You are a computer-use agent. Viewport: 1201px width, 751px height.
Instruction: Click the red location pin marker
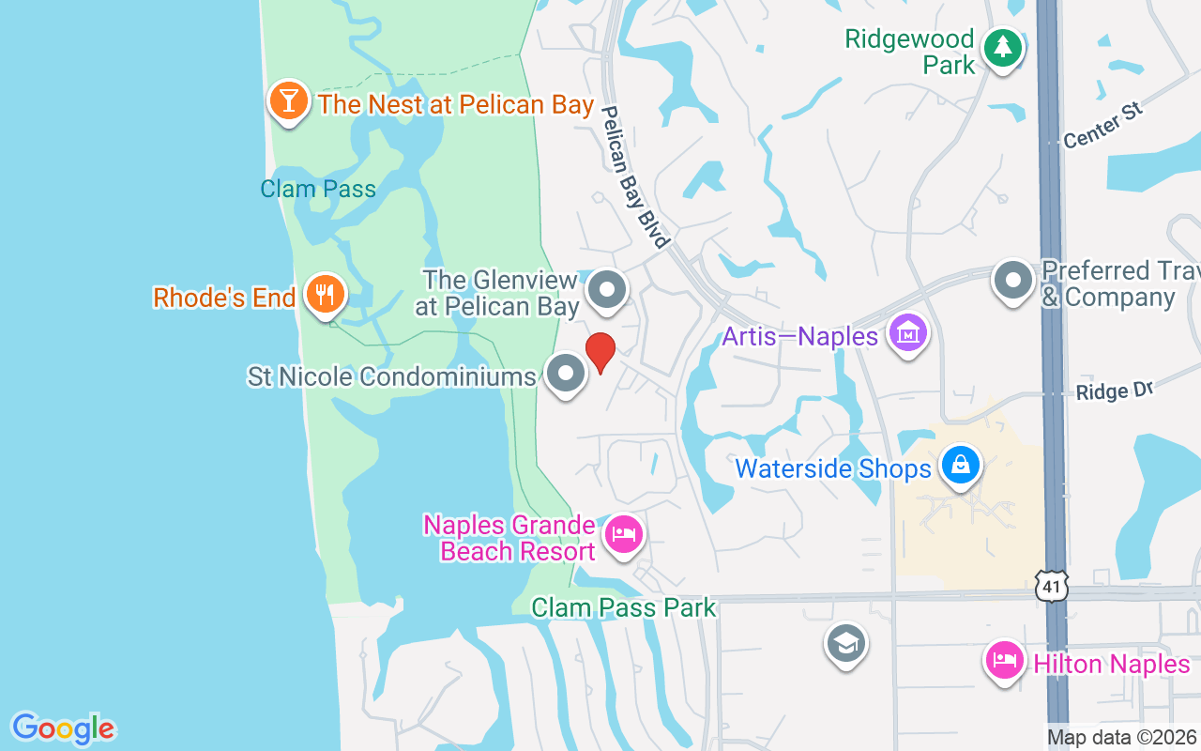600,352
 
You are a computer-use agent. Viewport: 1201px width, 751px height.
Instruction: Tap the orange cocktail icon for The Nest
289,100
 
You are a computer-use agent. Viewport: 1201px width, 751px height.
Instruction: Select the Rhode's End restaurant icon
325,296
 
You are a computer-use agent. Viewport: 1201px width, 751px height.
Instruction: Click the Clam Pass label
318,189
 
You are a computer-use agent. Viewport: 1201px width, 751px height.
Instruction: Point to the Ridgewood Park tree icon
1003,47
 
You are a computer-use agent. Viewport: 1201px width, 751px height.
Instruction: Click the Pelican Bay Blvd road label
634,176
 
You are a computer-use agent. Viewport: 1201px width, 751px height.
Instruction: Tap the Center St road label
1103,125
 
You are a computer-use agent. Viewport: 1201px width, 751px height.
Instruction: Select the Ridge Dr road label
1114,391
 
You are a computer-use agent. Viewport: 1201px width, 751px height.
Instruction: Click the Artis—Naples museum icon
908,333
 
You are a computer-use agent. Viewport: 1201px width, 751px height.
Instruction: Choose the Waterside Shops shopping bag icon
961,465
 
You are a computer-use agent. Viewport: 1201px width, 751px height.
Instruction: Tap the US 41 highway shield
1053,587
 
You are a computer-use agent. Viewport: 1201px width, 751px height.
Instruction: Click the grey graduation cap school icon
846,644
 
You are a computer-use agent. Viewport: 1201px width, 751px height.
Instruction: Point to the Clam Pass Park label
624,607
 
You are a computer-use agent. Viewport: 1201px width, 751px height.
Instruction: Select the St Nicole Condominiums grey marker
566,374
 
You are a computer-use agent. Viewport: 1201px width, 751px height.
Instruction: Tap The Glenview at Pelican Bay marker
607,290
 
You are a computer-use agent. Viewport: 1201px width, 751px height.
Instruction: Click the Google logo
64,728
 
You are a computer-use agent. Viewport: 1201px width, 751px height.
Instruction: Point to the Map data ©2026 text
1121,738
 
